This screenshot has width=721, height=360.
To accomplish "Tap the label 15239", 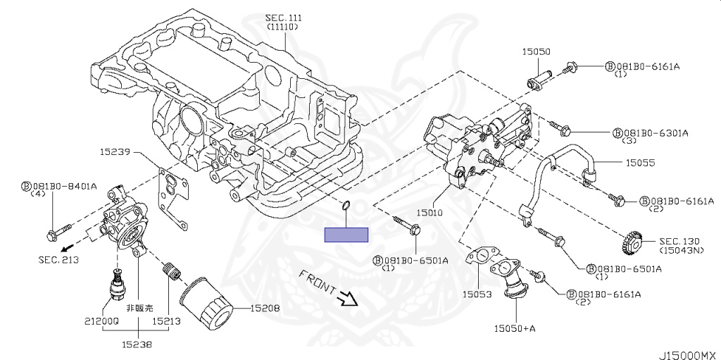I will pos(115,151).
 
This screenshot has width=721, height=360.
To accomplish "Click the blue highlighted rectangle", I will pos(346,235).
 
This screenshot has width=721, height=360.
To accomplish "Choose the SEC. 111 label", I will pos(283,17).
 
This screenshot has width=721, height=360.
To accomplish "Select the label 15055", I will pos(641,162).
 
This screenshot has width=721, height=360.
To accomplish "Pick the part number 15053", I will pos(477,294).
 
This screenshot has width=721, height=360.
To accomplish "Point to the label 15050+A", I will pos(515,328).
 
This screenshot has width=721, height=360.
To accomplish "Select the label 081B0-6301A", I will pos(655,132).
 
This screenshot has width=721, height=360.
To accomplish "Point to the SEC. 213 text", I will pos(58,259).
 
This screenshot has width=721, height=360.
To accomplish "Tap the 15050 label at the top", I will pos(536,51).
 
